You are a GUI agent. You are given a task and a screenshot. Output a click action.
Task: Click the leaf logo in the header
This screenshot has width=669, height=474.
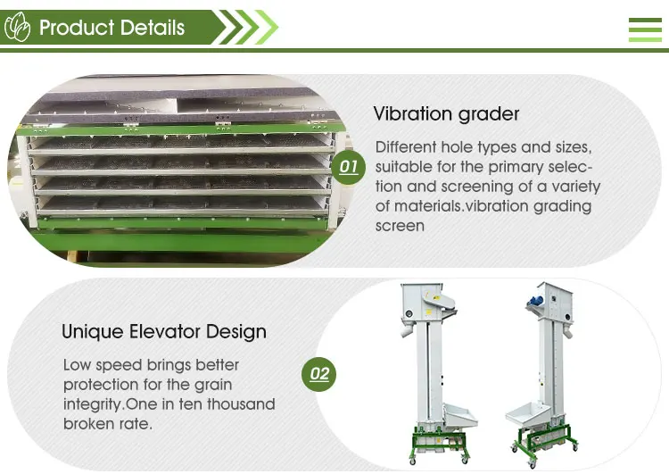(x=19, y=28)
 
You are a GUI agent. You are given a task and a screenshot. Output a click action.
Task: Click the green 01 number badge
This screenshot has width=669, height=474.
(x=349, y=167)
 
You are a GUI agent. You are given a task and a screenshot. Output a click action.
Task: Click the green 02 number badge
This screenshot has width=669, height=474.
(x=319, y=373)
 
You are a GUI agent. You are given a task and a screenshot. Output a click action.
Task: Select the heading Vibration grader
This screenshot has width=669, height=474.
(x=446, y=114)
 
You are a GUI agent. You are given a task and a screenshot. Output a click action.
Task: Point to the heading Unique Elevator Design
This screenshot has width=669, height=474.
(x=164, y=332)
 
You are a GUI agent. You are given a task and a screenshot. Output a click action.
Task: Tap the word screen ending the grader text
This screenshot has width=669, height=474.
(x=400, y=226)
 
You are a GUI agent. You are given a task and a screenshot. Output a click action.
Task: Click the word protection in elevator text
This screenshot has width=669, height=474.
(x=103, y=385)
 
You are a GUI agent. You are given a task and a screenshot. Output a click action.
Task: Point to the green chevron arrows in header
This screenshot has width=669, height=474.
(x=250, y=28)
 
